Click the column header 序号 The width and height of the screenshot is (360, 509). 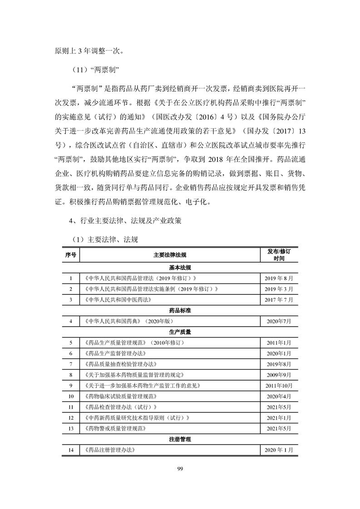tap(71, 255)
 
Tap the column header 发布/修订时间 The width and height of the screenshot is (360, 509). tap(279, 254)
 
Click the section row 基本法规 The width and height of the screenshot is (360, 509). tap(180, 267)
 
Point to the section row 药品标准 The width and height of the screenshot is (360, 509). tap(180, 311)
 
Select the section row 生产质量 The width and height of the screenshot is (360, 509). tap(180, 332)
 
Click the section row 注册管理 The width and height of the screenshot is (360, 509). tap(180, 439)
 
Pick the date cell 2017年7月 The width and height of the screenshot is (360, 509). tap(279, 300)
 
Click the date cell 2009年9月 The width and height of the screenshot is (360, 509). tap(279, 375)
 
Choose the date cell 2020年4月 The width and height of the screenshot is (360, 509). tap(279, 396)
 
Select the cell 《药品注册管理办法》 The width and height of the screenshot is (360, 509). tap(109, 450)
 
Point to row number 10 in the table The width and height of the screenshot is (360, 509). tap(71, 396)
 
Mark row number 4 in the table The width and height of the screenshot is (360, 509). tap(71, 321)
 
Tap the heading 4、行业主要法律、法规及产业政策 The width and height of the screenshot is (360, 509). tap(126, 221)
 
